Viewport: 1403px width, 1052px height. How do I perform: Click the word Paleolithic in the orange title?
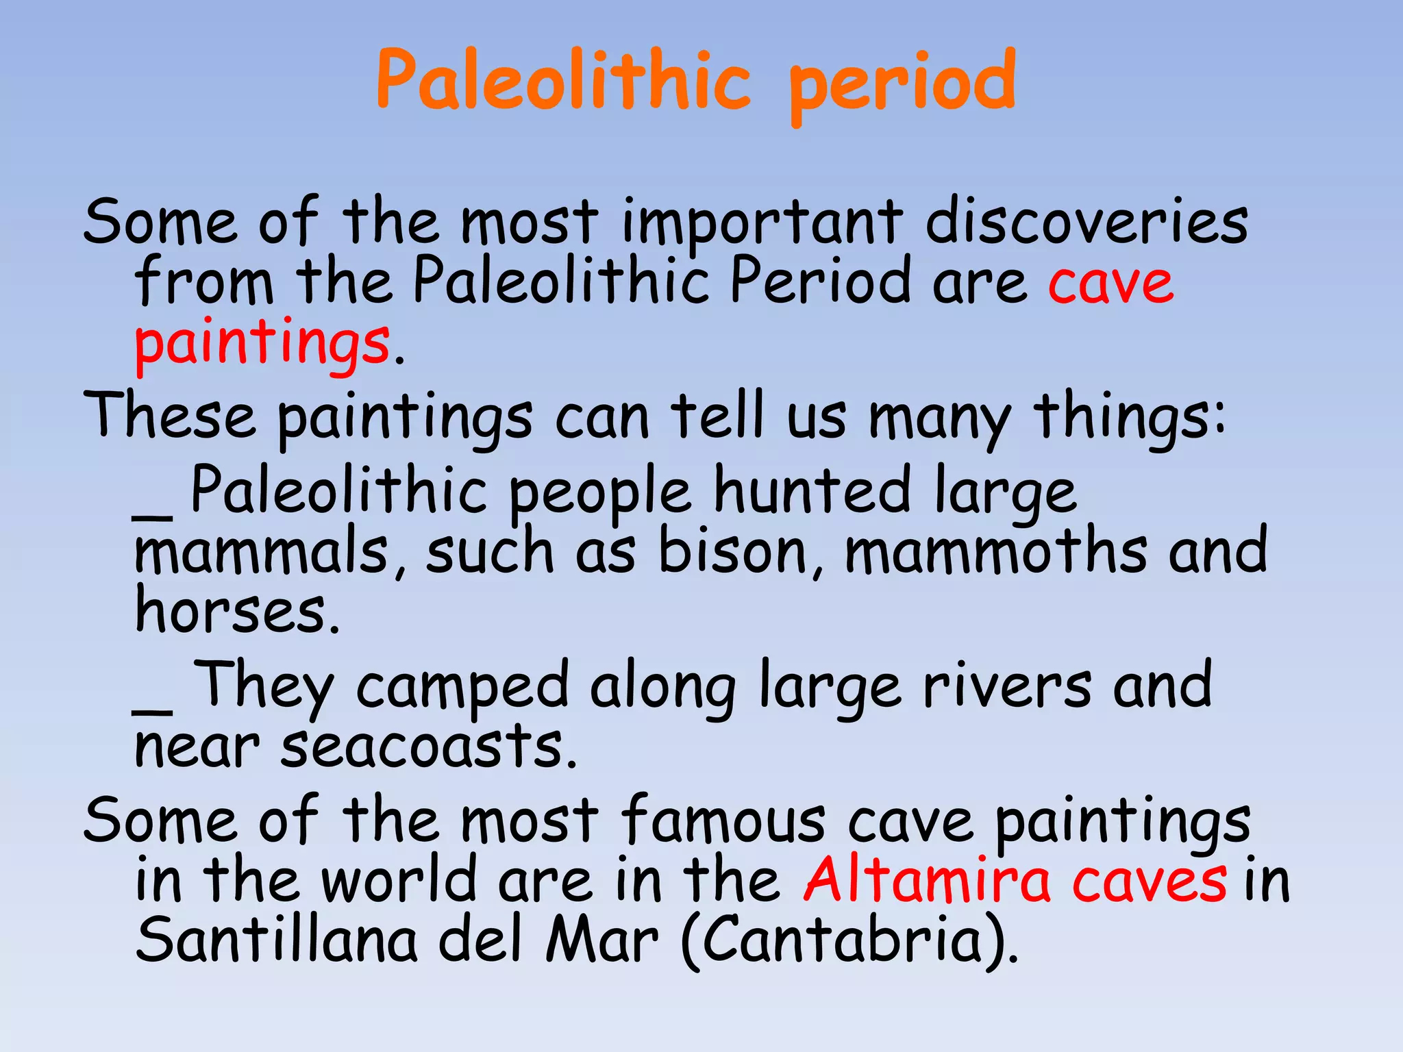click(x=563, y=81)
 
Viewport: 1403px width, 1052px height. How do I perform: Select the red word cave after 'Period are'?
click(x=1110, y=283)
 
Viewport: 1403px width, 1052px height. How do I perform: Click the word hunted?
click(x=812, y=490)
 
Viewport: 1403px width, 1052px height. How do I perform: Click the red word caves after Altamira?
click(x=1149, y=881)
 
